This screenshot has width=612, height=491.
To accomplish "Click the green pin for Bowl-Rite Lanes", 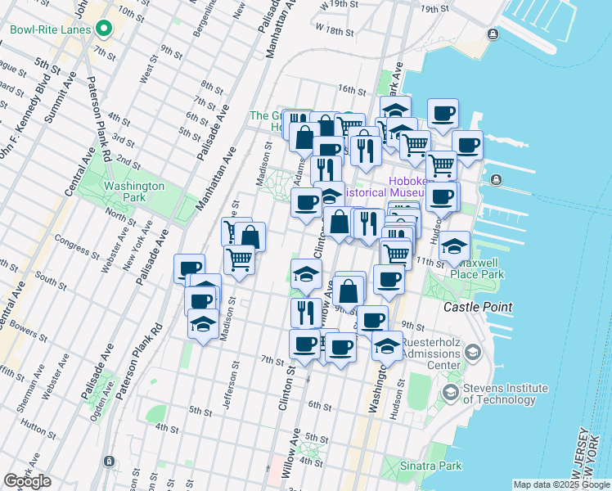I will coord(104,30).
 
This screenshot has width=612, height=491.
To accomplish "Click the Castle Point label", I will coord(478,307).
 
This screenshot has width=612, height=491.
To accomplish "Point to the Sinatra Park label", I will coord(443,466).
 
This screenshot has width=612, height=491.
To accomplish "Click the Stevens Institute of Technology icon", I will coord(450,394).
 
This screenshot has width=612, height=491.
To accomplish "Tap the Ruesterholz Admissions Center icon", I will coord(472,353).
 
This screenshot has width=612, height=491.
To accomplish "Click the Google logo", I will coord(28,481).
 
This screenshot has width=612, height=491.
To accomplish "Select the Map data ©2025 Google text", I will coord(560,484).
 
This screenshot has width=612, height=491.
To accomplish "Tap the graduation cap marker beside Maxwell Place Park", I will coord(454,247).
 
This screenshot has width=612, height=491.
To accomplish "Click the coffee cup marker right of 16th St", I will coord(443,115).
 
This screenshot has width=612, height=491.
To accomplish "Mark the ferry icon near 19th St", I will coord(493,34).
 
